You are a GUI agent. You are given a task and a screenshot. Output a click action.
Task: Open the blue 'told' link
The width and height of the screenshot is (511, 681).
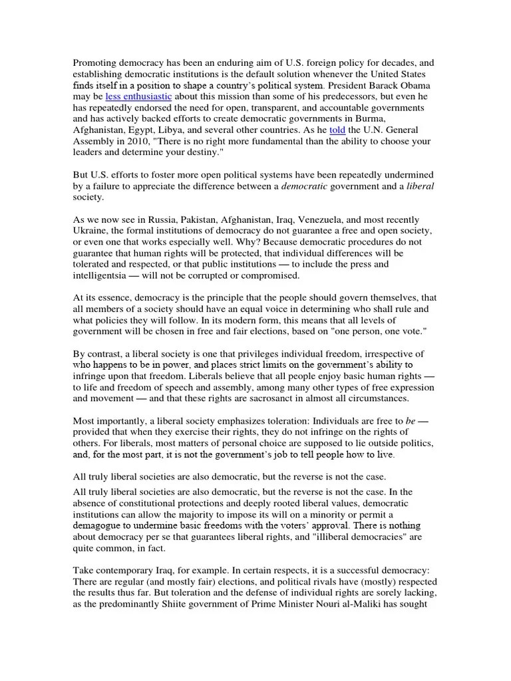337,131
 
